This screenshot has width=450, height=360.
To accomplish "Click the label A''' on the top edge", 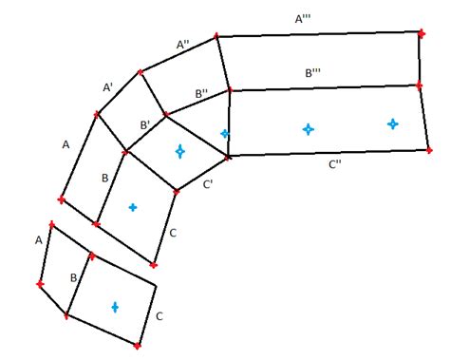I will [x=307, y=18].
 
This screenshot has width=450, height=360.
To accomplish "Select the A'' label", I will [x=184, y=44].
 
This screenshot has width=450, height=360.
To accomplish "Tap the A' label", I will [x=108, y=86].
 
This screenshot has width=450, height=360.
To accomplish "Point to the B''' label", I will [x=313, y=72].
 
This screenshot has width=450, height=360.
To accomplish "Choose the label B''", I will [x=202, y=93].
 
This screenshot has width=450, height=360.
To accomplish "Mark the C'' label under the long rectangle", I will [x=335, y=164].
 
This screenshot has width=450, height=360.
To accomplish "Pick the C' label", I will [x=208, y=186].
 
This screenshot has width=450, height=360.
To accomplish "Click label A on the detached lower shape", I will [x=39, y=240].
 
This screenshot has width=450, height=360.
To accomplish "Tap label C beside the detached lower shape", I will [x=159, y=316].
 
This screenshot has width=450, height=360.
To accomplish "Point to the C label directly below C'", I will [x=172, y=233].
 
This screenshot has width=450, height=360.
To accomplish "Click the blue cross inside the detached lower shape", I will [x=115, y=307].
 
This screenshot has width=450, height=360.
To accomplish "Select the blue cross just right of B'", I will [x=179, y=151].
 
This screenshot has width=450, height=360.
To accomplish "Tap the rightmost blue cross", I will [x=392, y=123].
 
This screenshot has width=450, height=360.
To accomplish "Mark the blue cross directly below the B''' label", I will [x=308, y=128].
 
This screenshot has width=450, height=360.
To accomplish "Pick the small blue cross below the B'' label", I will [x=224, y=133].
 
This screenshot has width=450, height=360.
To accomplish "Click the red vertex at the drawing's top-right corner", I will [x=422, y=32].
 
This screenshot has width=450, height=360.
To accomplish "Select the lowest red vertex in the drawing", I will [x=138, y=345].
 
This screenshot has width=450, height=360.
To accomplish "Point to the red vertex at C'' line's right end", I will [x=429, y=150].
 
